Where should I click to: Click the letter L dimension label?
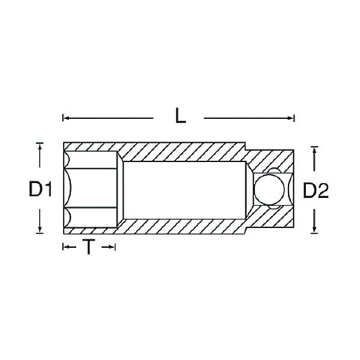[x=181, y=116]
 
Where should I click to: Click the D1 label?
[x=40, y=189]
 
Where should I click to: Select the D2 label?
[x=316, y=190]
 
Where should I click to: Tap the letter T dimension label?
[x=89, y=247]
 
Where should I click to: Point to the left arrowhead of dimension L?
[x=66, y=118]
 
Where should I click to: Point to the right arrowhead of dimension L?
[x=291, y=118]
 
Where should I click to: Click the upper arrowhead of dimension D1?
[x=40, y=146]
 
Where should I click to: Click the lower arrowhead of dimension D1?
[x=40, y=230]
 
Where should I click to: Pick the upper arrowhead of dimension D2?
[x=314, y=150]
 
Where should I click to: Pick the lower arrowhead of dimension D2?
[x=314, y=230]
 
